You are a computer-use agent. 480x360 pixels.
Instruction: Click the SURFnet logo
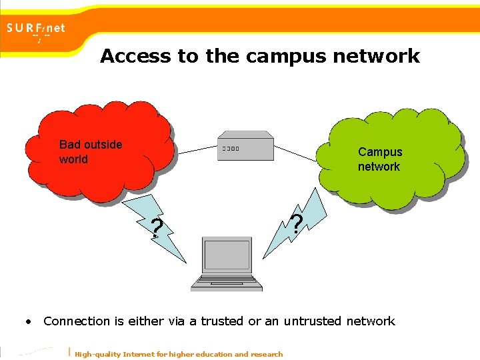(36, 30)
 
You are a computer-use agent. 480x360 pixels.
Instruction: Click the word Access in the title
(135, 56)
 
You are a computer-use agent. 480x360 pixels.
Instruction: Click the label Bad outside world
(90, 151)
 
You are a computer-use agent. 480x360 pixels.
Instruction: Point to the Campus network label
(380, 159)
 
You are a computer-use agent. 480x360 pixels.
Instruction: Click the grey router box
(245, 147)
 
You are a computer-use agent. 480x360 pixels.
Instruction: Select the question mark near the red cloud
(156, 228)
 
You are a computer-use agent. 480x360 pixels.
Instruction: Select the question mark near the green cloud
(297, 223)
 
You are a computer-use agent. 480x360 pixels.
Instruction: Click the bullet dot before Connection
(29, 321)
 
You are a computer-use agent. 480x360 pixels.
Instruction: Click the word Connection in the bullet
(77, 321)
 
